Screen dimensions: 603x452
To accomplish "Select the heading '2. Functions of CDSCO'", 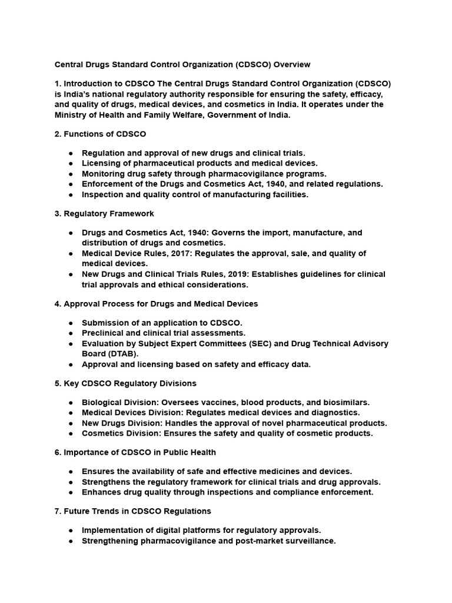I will point(100,134).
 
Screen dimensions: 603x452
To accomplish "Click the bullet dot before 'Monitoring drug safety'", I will point(71,174).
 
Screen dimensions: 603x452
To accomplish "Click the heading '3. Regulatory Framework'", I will point(104,213).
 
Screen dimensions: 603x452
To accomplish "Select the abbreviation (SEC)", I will point(285,343).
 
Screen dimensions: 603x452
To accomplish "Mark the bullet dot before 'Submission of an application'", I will point(71,323).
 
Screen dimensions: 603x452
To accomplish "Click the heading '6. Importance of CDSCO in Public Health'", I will point(135,452).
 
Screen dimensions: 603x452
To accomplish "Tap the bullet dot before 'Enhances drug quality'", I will point(71,492).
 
